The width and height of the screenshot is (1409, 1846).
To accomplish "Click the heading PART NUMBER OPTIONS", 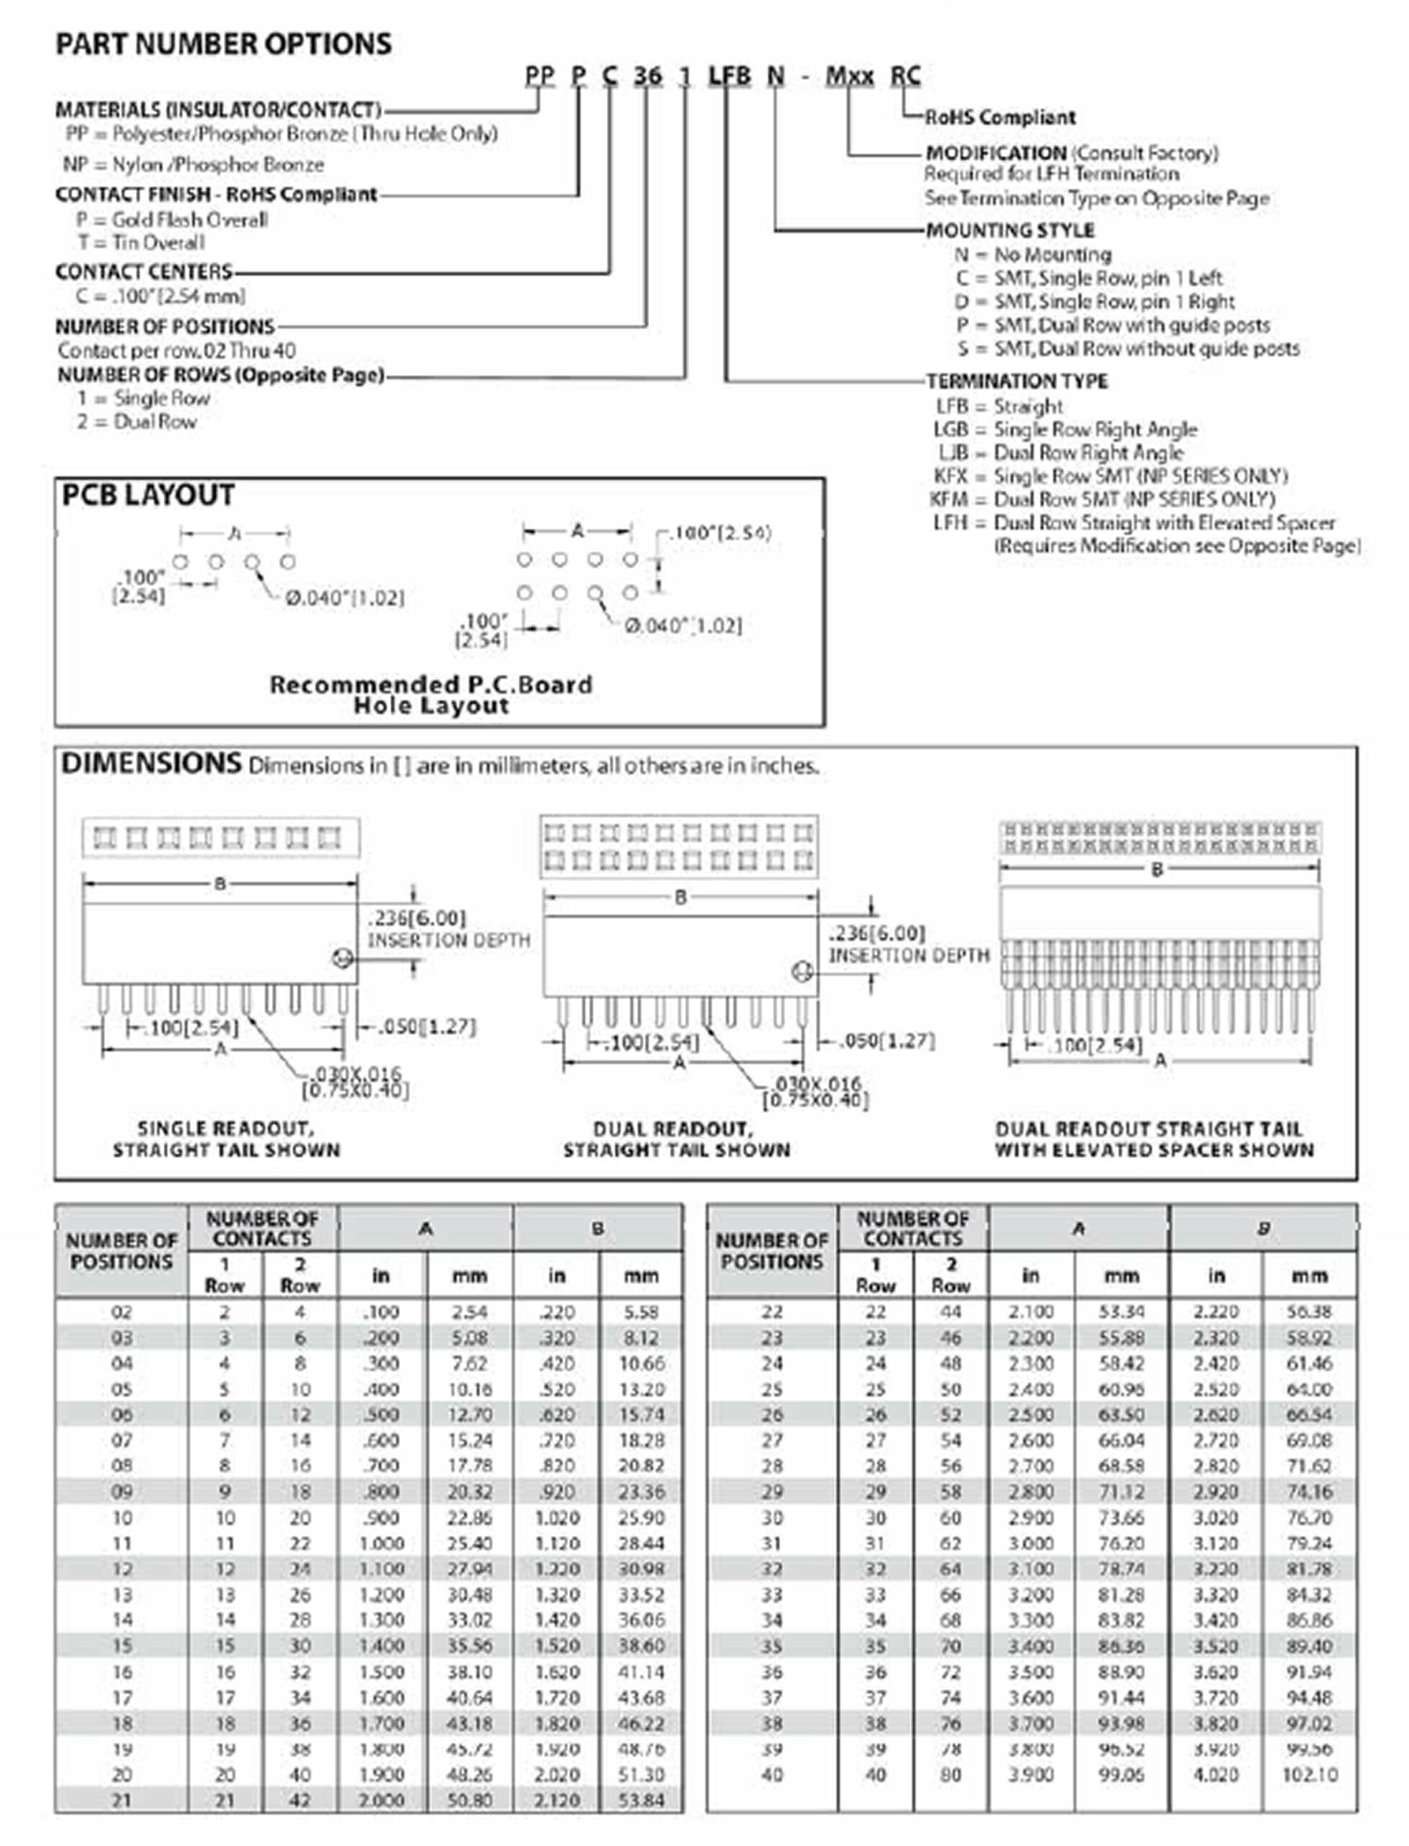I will [x=223, y=43].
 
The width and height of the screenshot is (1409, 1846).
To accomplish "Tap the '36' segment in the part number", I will [x=648, y=76].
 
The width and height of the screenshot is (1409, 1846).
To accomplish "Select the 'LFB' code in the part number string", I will [x=729, y=76].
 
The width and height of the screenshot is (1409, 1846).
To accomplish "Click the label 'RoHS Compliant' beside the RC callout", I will [x=999, y=118].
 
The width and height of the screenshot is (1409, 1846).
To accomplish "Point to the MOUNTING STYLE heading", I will [x=1010, y=230].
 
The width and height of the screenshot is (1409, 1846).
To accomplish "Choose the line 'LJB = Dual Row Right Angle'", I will [x=1060, y=453].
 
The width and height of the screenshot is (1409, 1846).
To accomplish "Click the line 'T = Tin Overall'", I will [x=141, y=242].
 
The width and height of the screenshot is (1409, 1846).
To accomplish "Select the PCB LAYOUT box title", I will [x=148, y=495].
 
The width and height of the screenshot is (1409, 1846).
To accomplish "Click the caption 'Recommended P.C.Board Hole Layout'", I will [x=431, y=694].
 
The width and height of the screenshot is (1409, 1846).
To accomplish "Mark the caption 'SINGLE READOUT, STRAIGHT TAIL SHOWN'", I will [x=226, y=1139].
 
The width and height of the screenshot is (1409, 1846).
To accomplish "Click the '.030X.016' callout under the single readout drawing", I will [x=355, y=1074].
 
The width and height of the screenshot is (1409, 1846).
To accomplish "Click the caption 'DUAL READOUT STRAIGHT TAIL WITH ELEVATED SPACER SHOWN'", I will [x=1154, y=1139].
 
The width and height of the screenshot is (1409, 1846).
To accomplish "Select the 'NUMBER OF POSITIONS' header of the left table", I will [x=122, y=1250].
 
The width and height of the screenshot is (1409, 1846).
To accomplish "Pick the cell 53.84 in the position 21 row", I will [x=641, y=1800].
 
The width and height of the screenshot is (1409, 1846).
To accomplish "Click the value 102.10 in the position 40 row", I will [x=1309, y=1775].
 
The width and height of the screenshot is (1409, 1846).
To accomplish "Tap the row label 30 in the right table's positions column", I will [x=772, y=1518].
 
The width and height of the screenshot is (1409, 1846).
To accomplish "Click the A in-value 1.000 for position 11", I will [x=381, y=1543].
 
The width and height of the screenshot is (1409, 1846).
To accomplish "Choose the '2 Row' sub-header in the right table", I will [x=950, y=1275].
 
